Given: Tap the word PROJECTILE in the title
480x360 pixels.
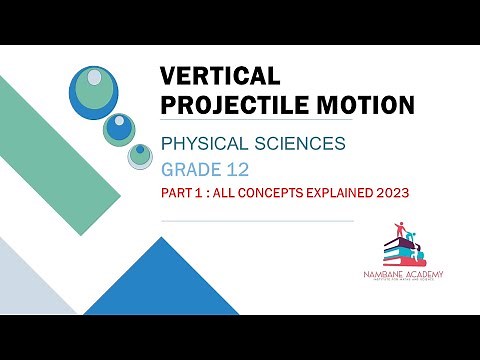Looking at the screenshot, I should coord(231,104).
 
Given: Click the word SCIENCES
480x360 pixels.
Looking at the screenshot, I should coord(301,143).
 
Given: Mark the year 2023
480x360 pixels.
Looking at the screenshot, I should coord(410,192).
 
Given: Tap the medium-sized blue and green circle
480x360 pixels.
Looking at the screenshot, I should coord(119,127).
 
